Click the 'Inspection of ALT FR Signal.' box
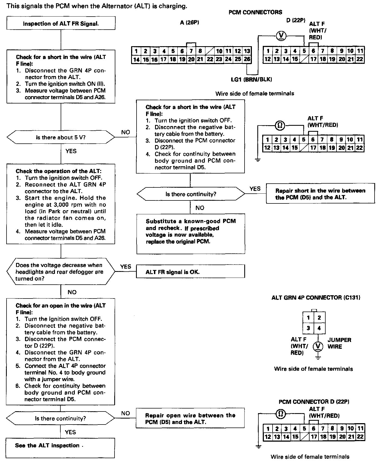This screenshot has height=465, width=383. (61, 23)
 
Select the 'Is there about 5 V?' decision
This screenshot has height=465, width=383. (61, 137)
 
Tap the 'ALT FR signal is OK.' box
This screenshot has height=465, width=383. (190, 272)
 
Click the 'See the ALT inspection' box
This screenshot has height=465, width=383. (60, 448)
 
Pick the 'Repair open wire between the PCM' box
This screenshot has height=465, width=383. (190, 419)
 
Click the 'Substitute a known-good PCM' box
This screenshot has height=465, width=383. (190, 234)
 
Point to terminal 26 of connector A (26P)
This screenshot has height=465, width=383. (247, 59)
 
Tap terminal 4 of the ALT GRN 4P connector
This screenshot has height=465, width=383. (319, 328)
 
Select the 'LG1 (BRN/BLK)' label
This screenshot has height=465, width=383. (251, 79)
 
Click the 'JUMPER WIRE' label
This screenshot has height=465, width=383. (339, 343)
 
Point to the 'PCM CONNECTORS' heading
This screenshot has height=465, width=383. (255, 12)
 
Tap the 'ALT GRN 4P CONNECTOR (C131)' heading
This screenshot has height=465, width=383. (316, 297)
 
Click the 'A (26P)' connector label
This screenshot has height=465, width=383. (189, 23)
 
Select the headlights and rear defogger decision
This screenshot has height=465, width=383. (61, 272)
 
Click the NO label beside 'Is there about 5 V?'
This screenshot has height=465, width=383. (126, 132)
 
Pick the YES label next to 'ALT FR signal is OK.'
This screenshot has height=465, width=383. (125, 266)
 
